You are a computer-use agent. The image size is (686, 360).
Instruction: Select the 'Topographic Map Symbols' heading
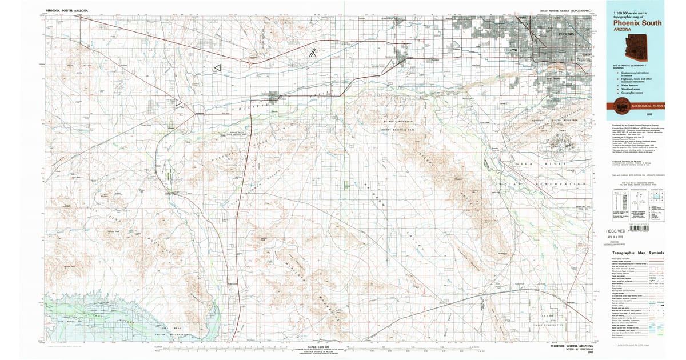click(637, 253)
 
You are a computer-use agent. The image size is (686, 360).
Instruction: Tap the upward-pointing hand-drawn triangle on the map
click(312, 54)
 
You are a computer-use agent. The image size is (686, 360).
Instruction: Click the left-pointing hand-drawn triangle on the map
click(217, 67)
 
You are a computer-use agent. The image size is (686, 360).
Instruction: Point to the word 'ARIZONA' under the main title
click(621, 30)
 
